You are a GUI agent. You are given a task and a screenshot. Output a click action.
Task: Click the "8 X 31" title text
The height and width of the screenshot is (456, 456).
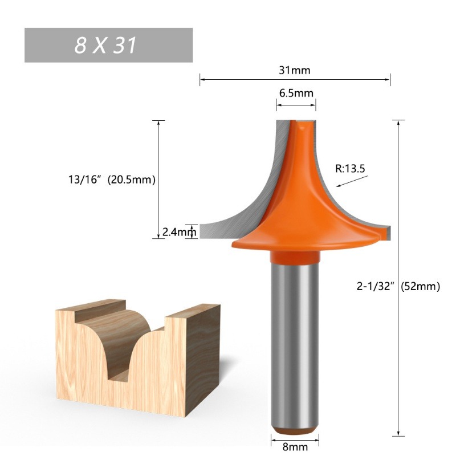tap(105, 46)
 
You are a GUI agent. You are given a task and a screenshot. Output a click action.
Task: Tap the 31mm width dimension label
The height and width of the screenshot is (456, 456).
tap(295, 70)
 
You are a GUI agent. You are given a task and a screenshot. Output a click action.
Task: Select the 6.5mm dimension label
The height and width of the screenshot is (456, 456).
tap(296, 93)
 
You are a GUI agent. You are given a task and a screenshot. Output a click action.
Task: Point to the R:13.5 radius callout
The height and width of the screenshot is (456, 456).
tap(350, 169)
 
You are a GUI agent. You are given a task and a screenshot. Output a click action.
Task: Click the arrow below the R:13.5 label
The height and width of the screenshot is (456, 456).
tap(352, 181)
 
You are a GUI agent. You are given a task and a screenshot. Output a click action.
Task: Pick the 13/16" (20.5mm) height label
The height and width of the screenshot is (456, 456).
tap(112, 180)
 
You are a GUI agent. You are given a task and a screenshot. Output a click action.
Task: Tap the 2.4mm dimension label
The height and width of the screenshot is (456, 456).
tap(179, 232)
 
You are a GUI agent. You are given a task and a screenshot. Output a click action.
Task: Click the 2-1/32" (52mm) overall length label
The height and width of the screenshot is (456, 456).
tap(398, 287)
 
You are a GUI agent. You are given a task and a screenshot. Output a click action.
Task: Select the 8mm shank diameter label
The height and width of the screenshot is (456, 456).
tap(295, 447)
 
